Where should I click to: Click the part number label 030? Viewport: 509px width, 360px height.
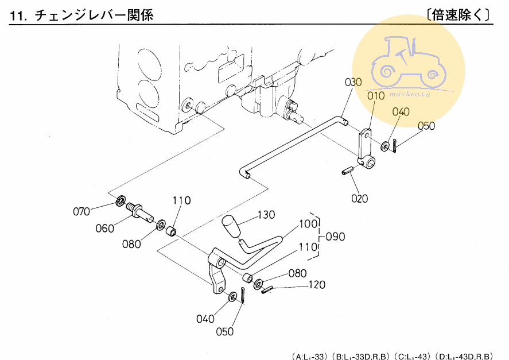[x=353, y=82]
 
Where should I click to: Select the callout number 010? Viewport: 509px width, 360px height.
[x=375, y=96]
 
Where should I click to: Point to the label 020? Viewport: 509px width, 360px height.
[x=360, y=199]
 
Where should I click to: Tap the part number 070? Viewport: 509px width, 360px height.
[x=81, y=211]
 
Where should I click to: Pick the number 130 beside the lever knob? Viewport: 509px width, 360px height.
[x=266, y=215]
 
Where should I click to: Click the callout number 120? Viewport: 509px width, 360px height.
[x=317, y=285]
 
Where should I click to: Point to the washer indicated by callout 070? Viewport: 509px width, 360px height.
[x=121, y=200]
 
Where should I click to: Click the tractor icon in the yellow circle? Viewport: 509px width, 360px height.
[x=408, y=60]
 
